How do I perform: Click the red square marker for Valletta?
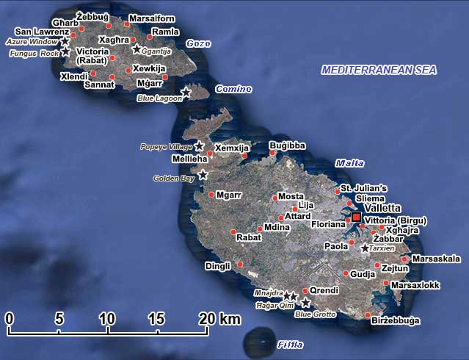coord(356,217)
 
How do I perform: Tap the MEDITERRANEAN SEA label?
coord(379,71)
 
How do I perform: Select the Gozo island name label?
coord(198,44)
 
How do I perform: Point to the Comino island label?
coord(233,90)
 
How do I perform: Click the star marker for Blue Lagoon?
coord(186,93)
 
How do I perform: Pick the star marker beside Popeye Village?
coord(199,146)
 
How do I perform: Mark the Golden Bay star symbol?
coord(203,175)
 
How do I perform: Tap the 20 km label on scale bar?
coord(219,319)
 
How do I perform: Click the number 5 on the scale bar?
coord(59,319)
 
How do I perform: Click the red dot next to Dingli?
coord(240,264)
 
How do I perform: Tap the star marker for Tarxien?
coord(366,248)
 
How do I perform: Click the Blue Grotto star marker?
coord(306,302)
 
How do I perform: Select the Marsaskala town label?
coord(437,259)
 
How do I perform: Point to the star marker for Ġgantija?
coord(137,49)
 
